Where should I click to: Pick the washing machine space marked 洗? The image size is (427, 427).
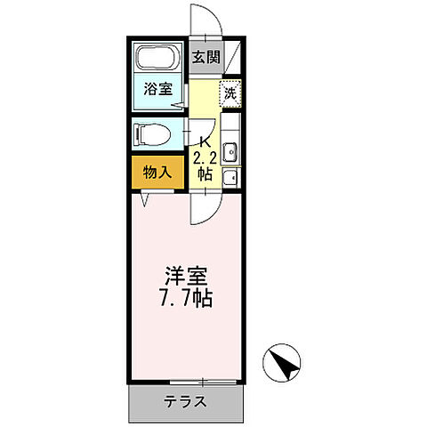click(x=230, y=93)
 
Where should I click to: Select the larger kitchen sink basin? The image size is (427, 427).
click(x=229, y=153)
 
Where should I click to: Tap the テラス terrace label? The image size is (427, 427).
click(x=185, y=401)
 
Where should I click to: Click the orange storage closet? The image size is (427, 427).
click(x=157, y=172)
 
